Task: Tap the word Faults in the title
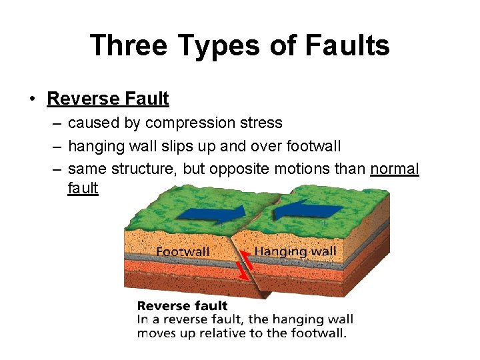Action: click(346, 45)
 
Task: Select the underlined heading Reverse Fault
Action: click(108, 99)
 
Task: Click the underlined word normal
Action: click(395, 169)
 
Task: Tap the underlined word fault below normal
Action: click(83, 189)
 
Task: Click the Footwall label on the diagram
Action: click(183, 252)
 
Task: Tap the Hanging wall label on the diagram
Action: click(295, 251)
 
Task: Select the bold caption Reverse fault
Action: click(182, 306)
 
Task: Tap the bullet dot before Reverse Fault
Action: click(31, 99)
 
